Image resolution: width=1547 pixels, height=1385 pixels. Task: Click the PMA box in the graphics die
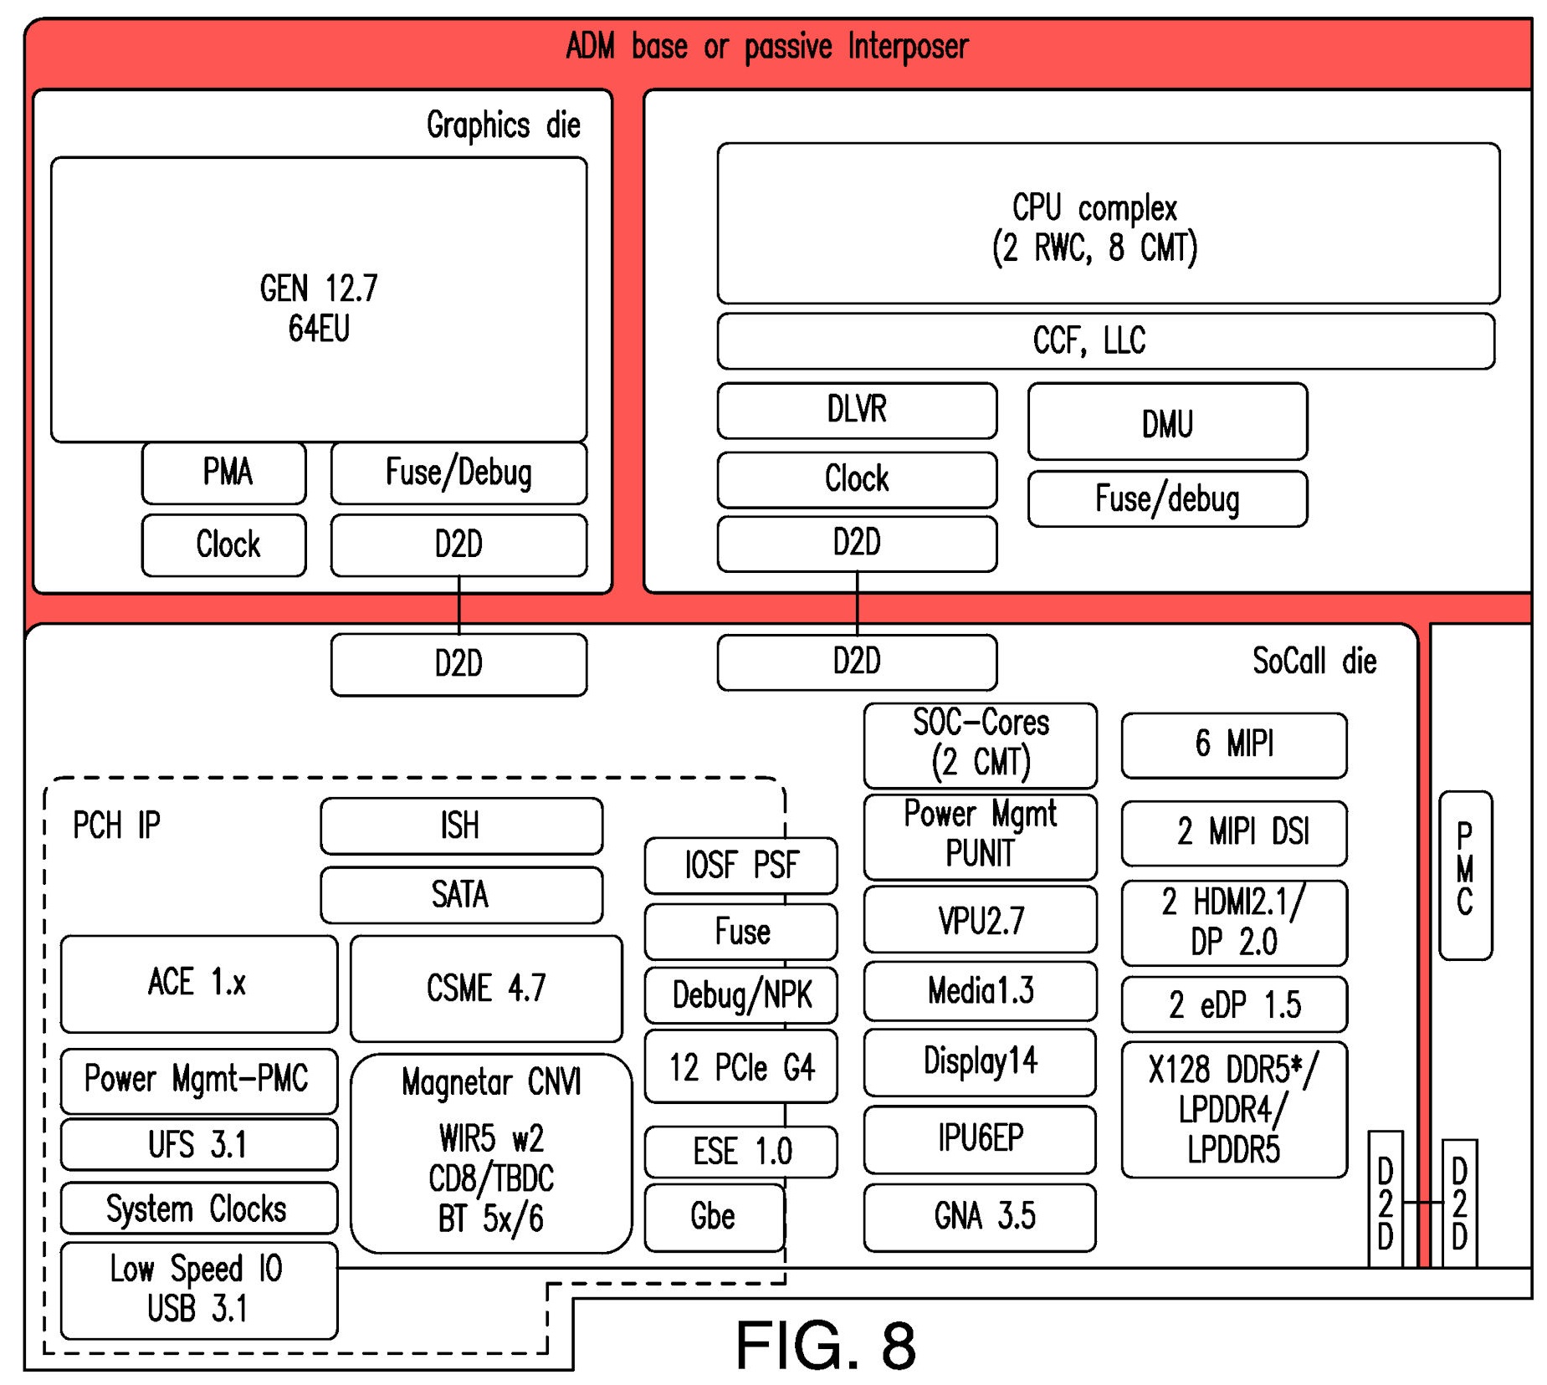(223, 473)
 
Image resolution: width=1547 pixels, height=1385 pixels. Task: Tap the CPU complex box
(1107, 223)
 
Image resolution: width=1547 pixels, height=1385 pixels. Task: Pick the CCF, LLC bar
(1104, 340)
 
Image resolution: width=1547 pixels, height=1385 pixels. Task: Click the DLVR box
(856, 410)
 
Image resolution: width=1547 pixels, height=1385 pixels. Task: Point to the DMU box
(1166, 422)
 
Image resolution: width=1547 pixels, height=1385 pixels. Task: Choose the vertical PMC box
(1464, 874)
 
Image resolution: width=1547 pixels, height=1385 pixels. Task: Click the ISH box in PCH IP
(460, 825)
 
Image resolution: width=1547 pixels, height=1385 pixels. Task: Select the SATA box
(460, 894)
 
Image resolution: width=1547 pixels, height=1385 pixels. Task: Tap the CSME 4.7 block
(485, 988)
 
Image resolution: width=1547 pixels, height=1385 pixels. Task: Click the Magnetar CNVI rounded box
(490, 1152)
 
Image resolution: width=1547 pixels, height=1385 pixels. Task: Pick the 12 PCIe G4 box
(740, 1068)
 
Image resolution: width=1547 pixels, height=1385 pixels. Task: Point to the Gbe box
(714, 1217)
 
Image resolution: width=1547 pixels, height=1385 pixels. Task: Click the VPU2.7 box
(980, 920)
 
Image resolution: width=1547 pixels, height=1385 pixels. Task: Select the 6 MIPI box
(1233, 744)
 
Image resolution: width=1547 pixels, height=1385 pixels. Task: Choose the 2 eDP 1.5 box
(1233, 1004)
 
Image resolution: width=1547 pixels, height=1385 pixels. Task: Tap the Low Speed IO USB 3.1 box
(198, 1289)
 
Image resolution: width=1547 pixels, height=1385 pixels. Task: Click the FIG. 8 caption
(825, 1345)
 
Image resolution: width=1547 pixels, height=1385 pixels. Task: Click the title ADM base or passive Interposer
(766, 47)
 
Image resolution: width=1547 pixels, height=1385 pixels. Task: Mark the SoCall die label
(1314, 661)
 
